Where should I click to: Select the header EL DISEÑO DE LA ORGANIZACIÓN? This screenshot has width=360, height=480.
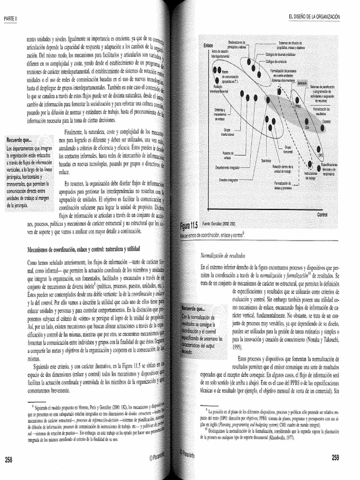315,17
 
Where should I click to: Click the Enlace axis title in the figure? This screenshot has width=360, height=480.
209,45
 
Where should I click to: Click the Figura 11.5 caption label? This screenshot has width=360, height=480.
190,225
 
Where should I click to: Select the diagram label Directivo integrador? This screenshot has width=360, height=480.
229,180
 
